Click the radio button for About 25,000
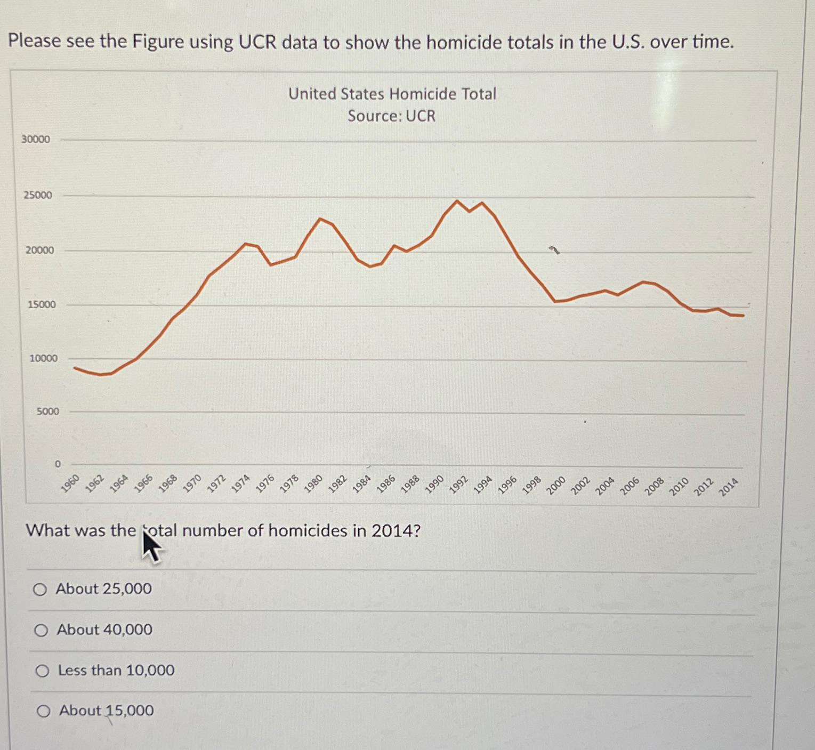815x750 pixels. tap(39, 589)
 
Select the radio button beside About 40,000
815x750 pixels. tap(41, 631)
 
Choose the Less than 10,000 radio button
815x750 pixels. tap(42, 671)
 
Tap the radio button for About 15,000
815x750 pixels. tap(43, 711)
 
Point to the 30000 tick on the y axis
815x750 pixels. tap(35, 139)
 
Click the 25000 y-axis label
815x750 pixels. tap(37, 195)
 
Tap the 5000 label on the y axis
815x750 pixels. tap(47, 412)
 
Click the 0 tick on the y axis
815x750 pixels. tap(58, 464)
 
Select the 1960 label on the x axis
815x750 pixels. tap(70, 482)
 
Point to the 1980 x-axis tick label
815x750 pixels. tap(313, 483)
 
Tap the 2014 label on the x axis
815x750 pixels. tap(728, 487)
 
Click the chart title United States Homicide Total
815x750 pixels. tap(392, 94)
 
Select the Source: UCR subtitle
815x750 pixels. tap(391, 116)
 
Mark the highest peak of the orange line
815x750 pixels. tap(457, 201)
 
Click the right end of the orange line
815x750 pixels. tap(743, 316)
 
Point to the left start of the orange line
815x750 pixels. tap(75, 368)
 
